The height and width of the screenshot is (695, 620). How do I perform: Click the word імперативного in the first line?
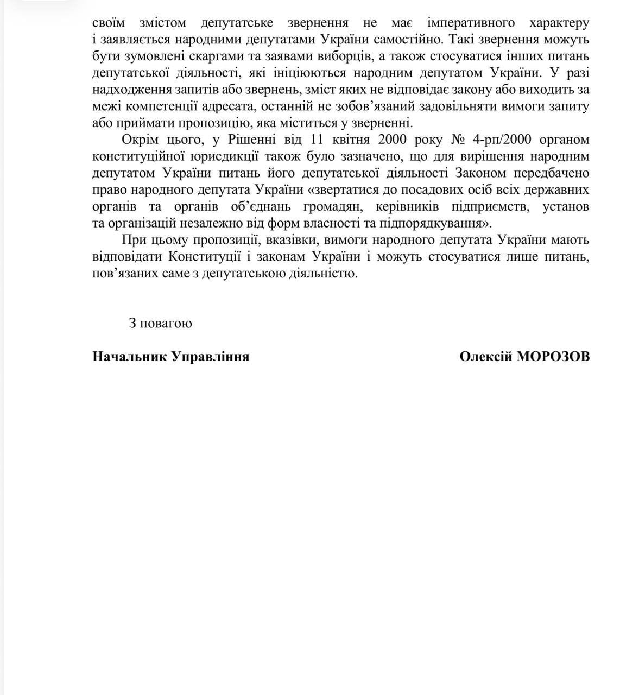[x=471, y=23]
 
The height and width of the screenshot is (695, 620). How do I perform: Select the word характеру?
[x=559, y=23]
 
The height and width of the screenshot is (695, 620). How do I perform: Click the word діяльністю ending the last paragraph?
[x=325, y=273]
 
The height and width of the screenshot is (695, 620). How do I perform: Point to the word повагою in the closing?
[x=168, y=323]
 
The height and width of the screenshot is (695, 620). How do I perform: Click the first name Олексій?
[x=485, y=356]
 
